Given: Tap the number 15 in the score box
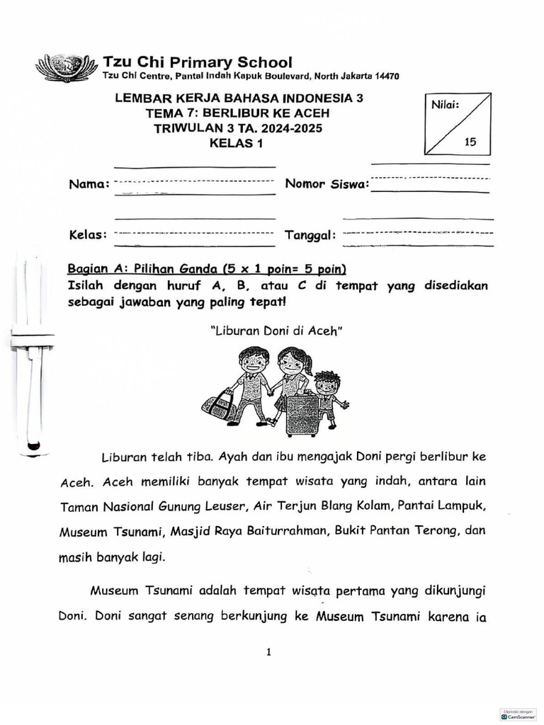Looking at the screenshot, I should pos(470,142).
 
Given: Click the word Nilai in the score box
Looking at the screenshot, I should pos(445,105).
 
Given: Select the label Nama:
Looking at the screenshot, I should pos(89,185).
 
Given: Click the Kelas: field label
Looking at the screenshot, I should pos(88,234).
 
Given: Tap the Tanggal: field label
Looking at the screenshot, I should pos(310,235).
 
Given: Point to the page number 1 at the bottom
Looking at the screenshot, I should pos(269,652).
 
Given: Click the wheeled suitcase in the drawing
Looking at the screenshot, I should pos(302,415).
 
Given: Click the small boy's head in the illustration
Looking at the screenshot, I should pos(327,383).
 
